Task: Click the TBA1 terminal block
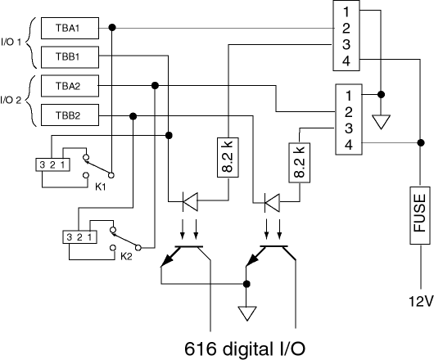pyautogui.click(x=70, y=28)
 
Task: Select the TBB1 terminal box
pyautogui.click(x=70, y=57)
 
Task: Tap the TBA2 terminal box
pyautogui.click(x=70, y=86)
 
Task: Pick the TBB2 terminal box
pyautogui.click(x=70, y=115)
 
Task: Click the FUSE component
pyautogui.click(x=420, y=215)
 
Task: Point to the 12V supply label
pyautogui.click(x=421, y=301)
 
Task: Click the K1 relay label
pyautogui.click(x=101, y=187)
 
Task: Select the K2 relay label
pyautogui.click(x=126, y=257)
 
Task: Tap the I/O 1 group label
pyautogui.click(x=11, y=43)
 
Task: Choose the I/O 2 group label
pyautogui.click(x=11, y=100)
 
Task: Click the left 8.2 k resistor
pyautogui.click(x=228, y=157)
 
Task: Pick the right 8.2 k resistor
pyautogui.click(x=300, y=163)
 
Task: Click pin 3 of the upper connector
pyautogui.click(x=346, y=44)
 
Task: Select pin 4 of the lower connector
pyautogui.click(x=349, y=145)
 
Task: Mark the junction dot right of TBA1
pyautogui.click(x=112, y=27)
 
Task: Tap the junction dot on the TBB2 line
pyautogui.click(x=133, y=116)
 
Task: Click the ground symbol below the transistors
pyautogui.click(x=247, y=313)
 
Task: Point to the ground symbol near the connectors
pyautogui.click(x=381, y=122)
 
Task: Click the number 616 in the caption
pyautogui.click(x=200, y=349)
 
